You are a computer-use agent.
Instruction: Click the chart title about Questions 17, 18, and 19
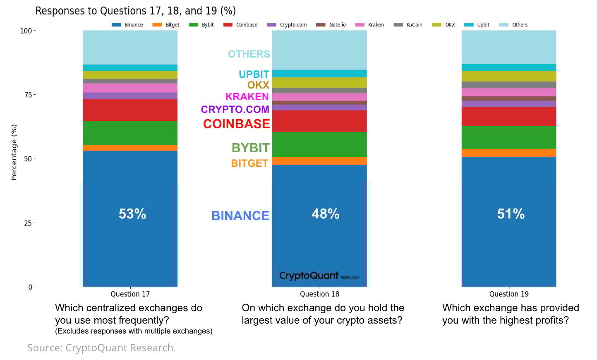[x=135, y=11]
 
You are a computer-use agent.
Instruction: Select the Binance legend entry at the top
[x=127, y=25]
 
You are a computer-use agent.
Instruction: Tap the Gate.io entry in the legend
[x=331, y=25]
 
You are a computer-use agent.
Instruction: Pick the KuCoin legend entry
[x=408, y=25]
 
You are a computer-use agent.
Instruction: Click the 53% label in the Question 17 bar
[x=132, y=214]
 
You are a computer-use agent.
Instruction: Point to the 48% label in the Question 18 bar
[x=326, y=214]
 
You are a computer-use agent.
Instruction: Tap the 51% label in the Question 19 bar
[x=511, y=214]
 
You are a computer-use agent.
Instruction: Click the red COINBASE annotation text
[x=236, y=124]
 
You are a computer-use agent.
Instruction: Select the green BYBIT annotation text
[x=250, y=148]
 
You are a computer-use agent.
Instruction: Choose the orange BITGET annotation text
[x=249, y=163]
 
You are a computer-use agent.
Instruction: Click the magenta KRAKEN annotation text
[x=247, y=97]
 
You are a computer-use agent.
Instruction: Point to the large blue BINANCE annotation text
[x=240, y=216]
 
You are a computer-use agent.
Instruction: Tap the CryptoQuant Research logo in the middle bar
[x=319, y=276]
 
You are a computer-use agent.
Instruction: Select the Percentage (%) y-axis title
[x=14, y=152]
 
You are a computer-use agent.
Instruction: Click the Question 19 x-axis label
[x=509, y=294]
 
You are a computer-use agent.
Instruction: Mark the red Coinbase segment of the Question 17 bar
[x=130, y=110]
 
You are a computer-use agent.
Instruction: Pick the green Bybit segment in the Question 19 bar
[x=509, y=137]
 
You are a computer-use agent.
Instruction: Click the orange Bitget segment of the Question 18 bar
[x=319, y=161]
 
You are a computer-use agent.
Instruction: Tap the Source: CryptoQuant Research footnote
[x=101, y=348]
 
